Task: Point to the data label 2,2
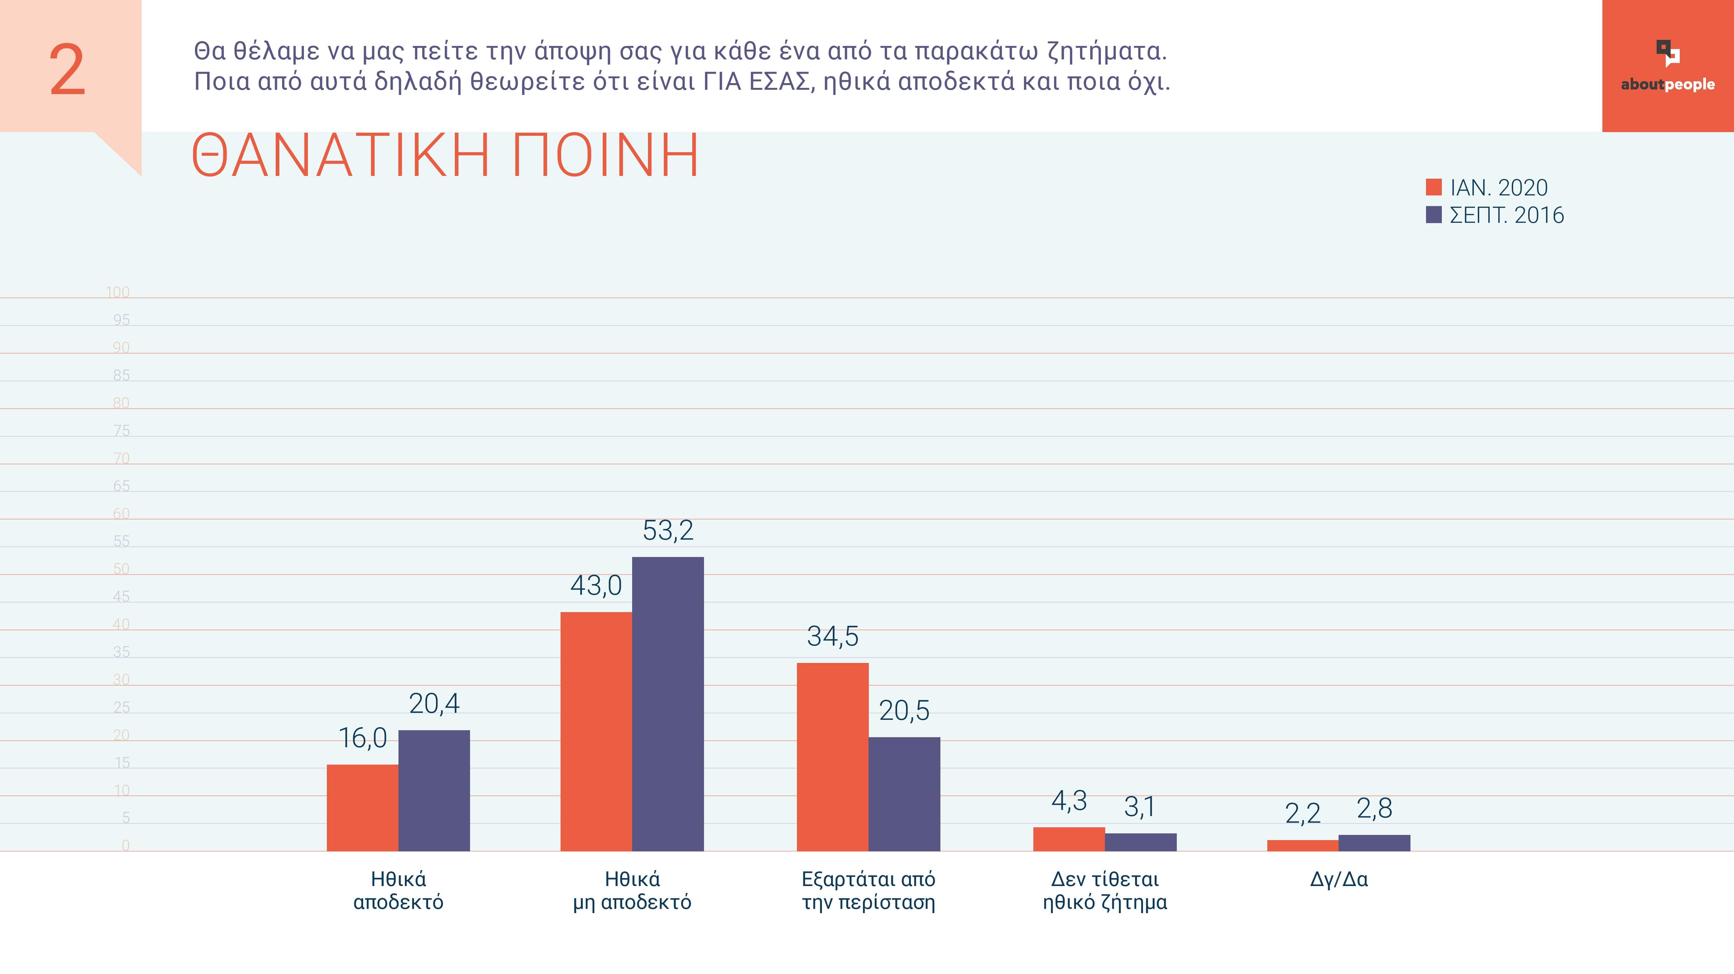point(1303,814)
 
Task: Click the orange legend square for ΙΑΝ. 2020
point(1434,187)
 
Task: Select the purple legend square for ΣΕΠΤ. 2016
point(1434,215)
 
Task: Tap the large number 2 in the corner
point(67,70)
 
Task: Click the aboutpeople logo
point(1667,66)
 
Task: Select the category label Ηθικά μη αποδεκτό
point(632,891)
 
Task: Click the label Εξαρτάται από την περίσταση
point(868,891)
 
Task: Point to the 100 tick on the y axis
point(118,292)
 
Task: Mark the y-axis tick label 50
point(121,569)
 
